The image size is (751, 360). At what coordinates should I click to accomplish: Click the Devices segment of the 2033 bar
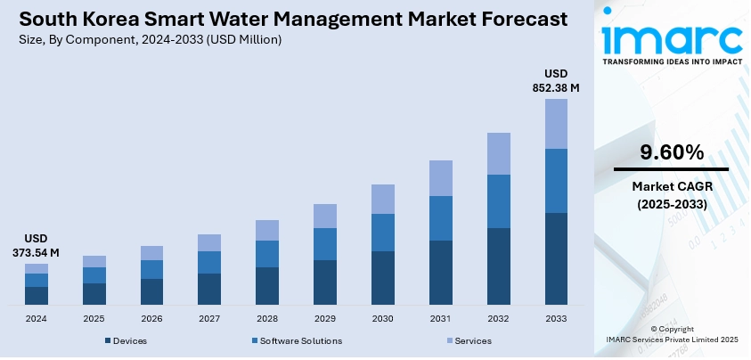pos(556,258)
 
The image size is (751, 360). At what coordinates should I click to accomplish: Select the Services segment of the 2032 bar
pos(498,153)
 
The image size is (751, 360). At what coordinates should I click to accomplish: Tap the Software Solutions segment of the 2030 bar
pos(383,233)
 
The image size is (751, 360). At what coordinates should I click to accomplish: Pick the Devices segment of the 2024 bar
pos(37,295)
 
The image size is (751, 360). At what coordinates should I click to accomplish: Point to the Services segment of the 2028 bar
pos(267,230)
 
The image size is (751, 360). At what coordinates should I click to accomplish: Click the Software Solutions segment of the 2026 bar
pos(151,269)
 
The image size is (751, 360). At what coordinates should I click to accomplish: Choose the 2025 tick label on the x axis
pos(94,318)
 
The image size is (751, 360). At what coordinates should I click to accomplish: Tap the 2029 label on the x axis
pos(324,318)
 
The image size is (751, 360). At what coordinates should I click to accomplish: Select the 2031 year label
pos(440,318)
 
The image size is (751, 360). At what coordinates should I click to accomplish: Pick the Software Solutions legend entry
pos(298,341)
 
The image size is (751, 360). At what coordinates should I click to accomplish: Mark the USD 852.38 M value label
pos(556,81)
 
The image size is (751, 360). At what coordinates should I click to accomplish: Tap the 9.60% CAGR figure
pos(671,152)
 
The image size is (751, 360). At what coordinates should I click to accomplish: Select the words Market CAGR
pos(671,186)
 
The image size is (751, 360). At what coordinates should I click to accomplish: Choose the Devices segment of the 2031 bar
pos(440,272)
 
